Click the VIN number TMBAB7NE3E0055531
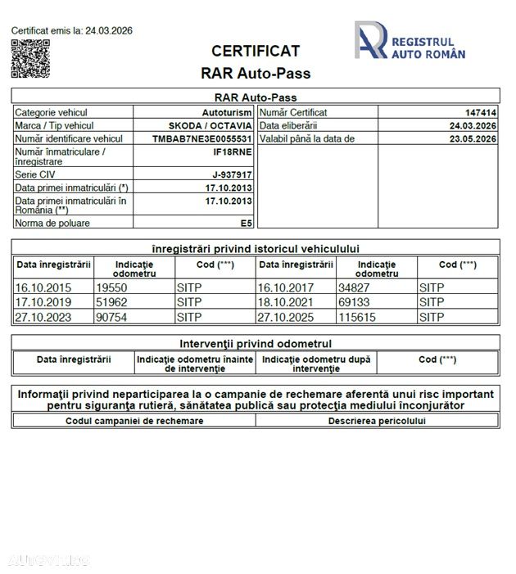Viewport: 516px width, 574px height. click(201, 139)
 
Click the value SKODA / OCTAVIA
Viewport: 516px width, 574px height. click(210, 126)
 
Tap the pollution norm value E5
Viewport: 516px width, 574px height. click(246, 223)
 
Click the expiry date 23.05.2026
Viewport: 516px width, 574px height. click(473, 139)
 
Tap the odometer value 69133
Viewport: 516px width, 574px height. click(352, 303)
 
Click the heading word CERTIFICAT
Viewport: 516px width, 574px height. click(256, 52)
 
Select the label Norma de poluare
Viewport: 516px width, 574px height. click(52, 223)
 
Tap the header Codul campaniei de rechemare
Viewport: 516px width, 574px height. click(134, 421)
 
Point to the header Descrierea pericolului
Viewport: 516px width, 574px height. click(377, 421)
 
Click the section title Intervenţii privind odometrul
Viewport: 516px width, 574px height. click(256, 344)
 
